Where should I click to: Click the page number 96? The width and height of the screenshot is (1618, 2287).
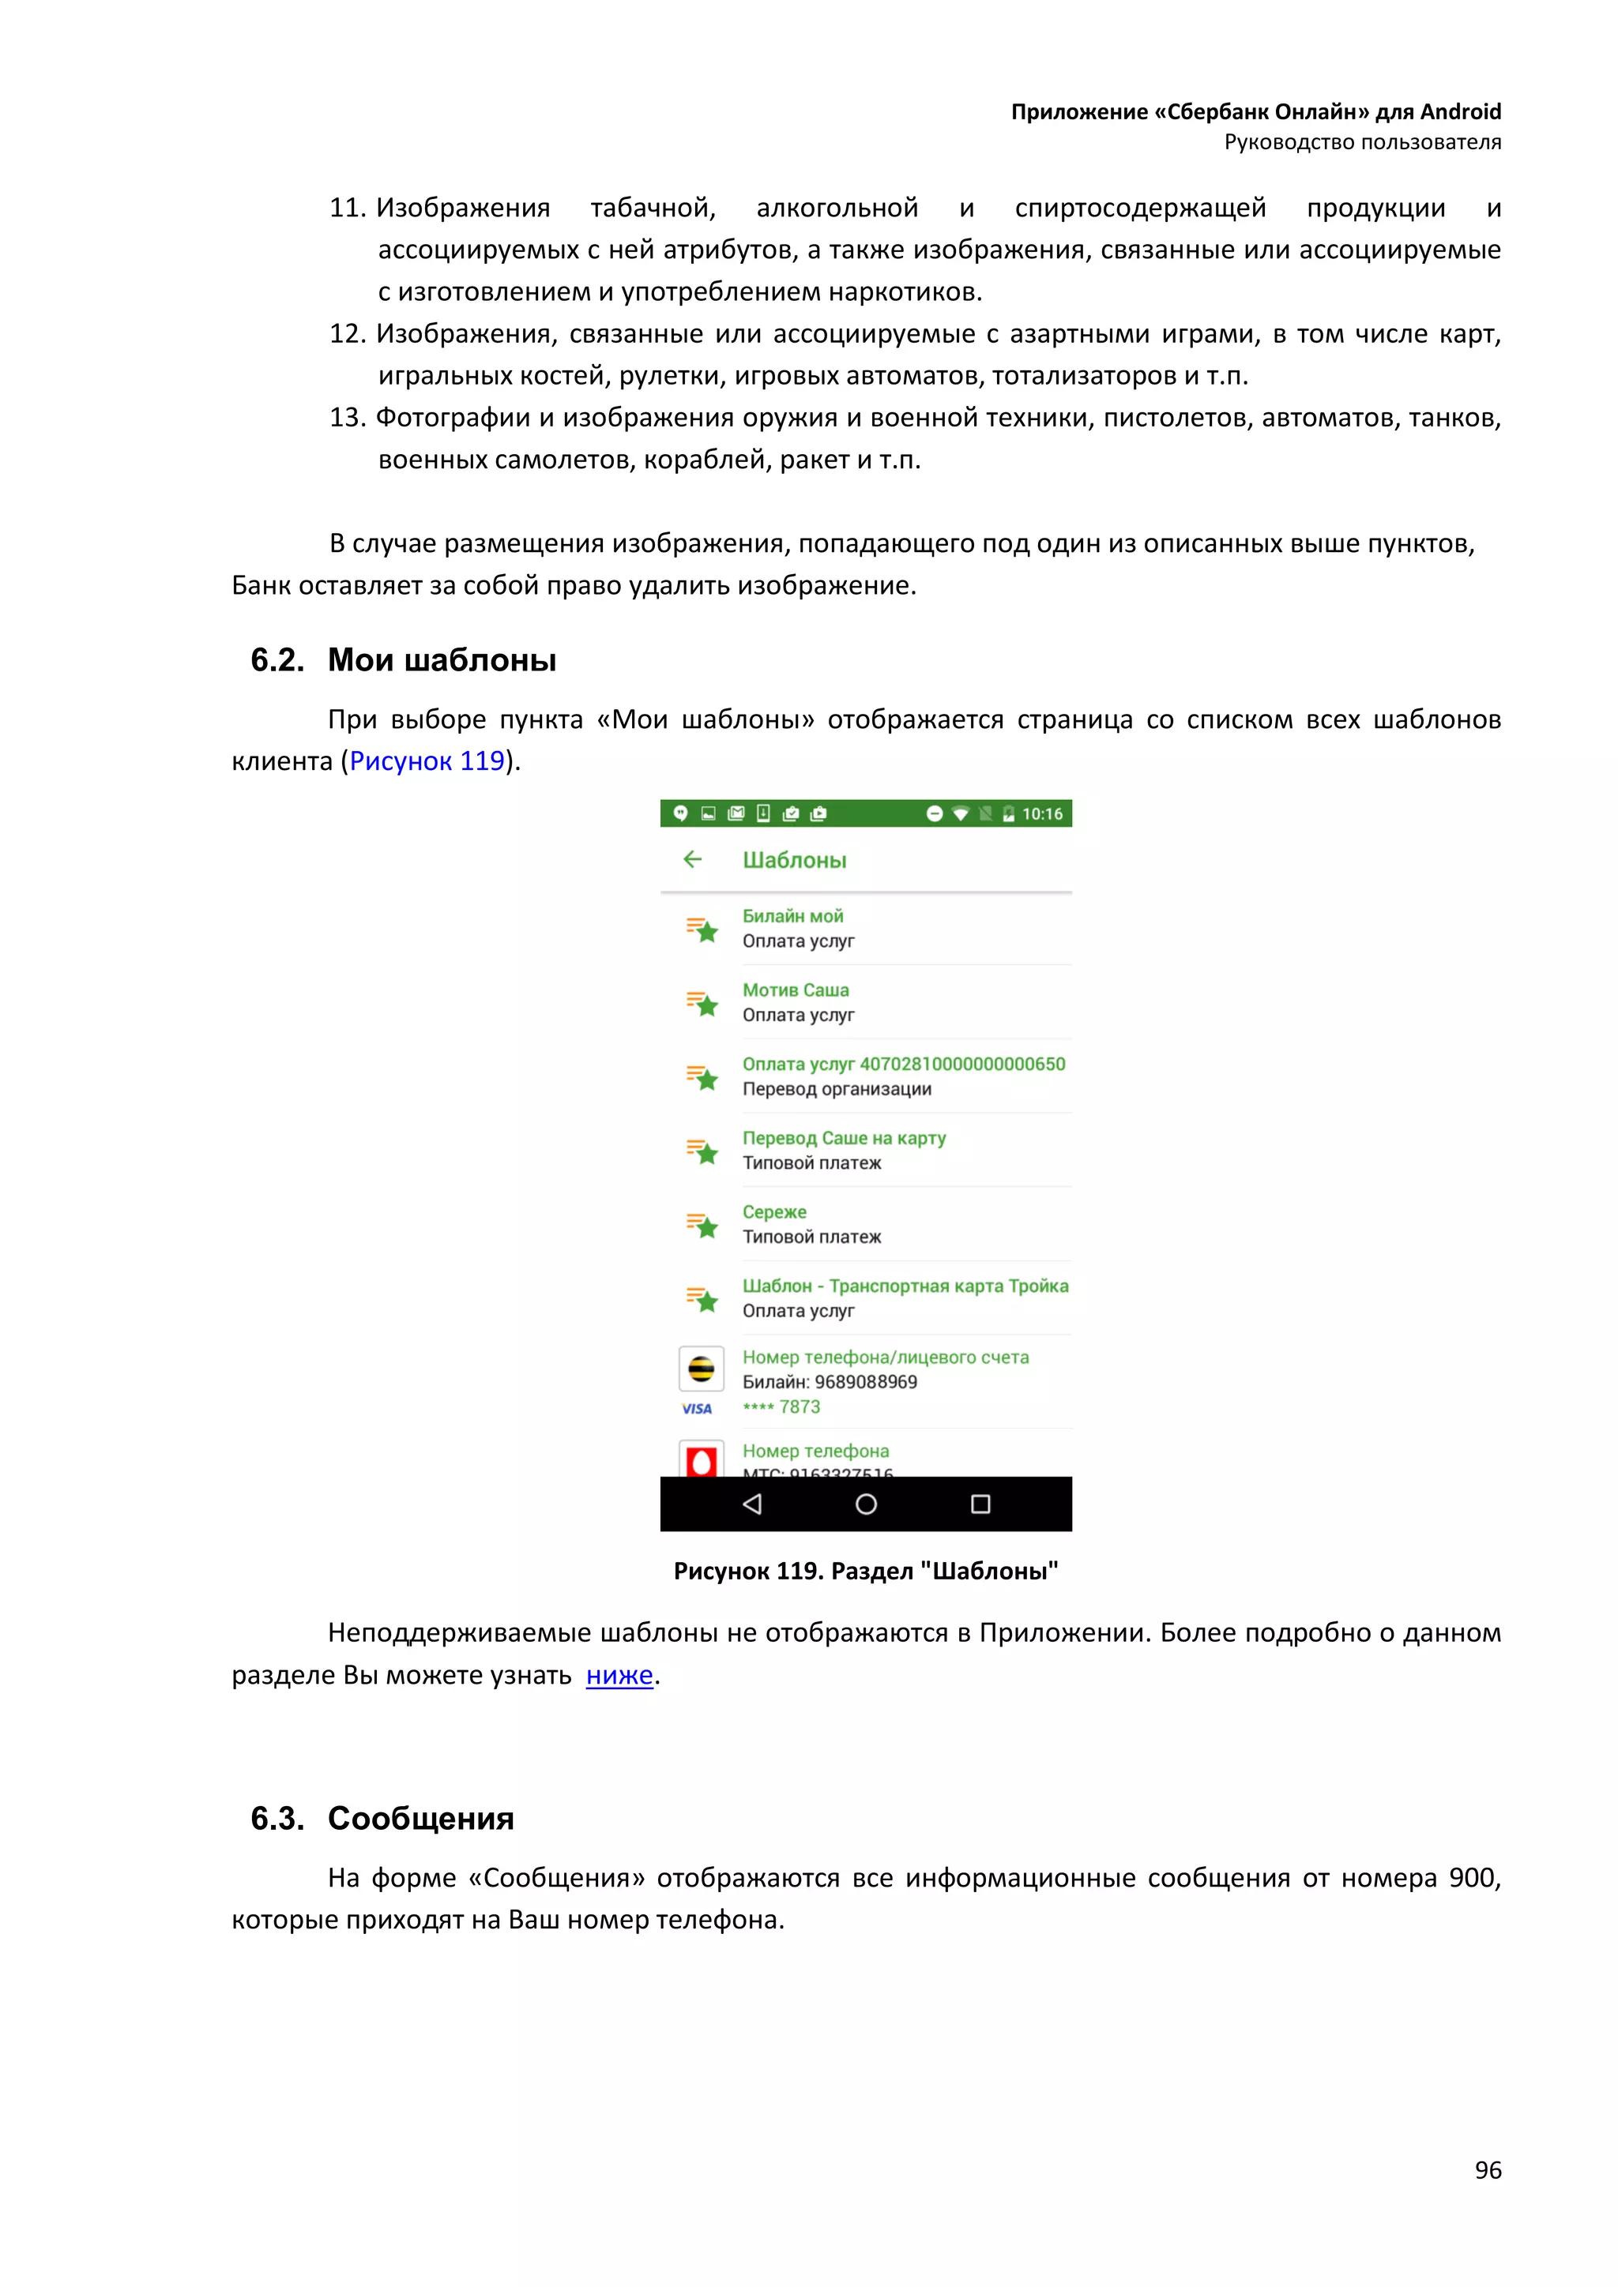point(1487,2169)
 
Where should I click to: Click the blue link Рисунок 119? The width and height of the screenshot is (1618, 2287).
point(427,761)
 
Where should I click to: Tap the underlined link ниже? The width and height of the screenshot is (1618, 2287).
point(619,1676)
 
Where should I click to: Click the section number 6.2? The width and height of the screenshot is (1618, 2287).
point(277,659)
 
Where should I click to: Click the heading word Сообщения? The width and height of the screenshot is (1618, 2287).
point(420,1818)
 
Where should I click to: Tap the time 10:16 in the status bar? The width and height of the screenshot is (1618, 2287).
point(1042,814)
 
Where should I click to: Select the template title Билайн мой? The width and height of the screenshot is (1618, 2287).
point(792,915)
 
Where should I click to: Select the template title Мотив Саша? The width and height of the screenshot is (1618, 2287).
point(795,990)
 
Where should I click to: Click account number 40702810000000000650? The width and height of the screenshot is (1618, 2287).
point(961,1064)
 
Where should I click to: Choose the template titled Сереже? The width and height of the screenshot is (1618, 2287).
point(774,1212)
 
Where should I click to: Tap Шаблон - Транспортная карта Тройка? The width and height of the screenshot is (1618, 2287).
point(905,1286)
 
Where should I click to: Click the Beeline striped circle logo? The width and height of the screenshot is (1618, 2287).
point(702,1369)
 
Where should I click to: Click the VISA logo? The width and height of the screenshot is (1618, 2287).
point(696,1409)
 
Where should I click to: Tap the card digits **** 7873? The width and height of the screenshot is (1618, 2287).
point(781,1406)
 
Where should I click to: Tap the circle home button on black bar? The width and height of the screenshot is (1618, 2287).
point(866,1504)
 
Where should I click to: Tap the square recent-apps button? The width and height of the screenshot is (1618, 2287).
point(980,1504)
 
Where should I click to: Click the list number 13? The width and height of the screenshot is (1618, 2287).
point(347,417)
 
